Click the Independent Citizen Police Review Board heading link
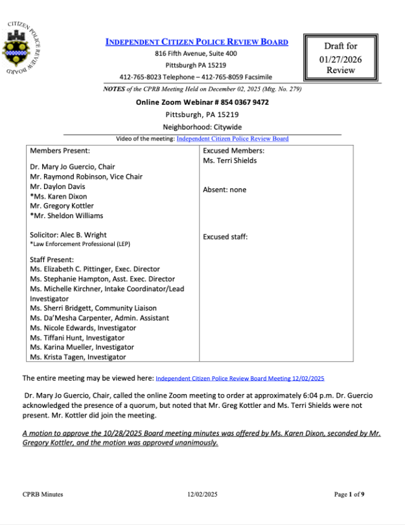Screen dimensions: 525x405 (x=196, y=42)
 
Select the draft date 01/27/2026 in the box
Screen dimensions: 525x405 (x=341, y=59)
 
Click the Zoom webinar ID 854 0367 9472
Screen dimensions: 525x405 (x=237, y=102)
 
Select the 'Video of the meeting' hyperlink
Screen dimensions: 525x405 (x=233, y=139)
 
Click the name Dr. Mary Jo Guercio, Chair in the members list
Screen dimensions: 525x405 (x=73, y=166)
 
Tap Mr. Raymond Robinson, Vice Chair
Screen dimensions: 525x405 (x=86, y=177)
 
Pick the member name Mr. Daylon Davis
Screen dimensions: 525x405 (x=58, y=186)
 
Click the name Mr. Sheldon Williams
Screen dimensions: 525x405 (x=68, y=216)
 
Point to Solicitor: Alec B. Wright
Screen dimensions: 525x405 (x=69, y=235)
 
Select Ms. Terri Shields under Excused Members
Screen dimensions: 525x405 (x=229, y=161)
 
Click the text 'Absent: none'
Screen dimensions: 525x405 (x=224, y=190)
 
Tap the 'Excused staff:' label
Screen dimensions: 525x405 (x=225, y=237)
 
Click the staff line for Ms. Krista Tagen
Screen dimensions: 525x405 (x=78, y=357)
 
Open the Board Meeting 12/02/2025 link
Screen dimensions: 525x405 (x=240, y=377)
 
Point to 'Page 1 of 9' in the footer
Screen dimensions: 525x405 (x=349, y=495)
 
